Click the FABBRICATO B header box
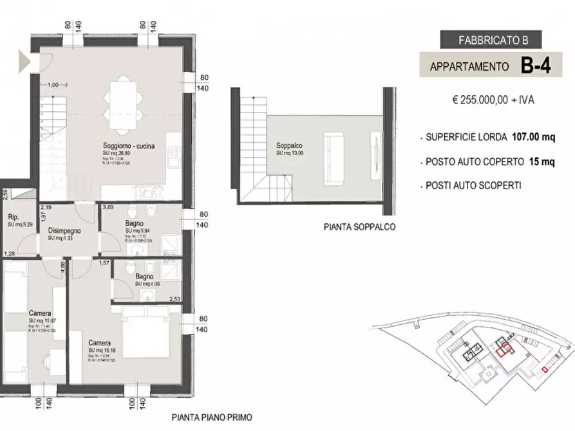[493, 40]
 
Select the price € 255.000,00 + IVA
[493, 100]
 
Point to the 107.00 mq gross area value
[533, 137]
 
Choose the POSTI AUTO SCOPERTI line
[473, 185]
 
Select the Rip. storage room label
[14, 217]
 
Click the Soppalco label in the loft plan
[285, 145]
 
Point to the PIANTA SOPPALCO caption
[360, 227]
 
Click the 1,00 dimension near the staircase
[53, 84]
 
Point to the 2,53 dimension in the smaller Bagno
[174, 299]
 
